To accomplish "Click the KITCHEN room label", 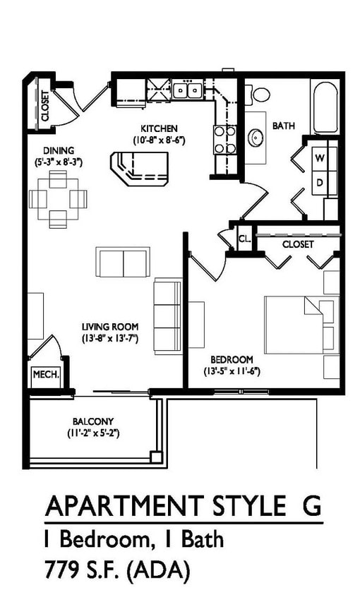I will click(158, 128).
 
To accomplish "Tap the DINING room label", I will click(59, 150).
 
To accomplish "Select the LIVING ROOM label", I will click(109, 327).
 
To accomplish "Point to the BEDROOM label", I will click(232, 359).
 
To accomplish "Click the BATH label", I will click(283, 126).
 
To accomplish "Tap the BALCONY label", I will click(93, 421).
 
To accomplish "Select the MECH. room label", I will click(44, 375).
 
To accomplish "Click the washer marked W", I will click(320, 157).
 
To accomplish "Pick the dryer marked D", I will click(320, 182).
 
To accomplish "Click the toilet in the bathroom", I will click(260, 93).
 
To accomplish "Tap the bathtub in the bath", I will click(325, 107).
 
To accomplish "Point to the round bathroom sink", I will click(255, 136).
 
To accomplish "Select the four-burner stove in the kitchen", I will click(224, 139).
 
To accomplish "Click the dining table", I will click(58, 199).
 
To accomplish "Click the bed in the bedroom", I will click(299, 325).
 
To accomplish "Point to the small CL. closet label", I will click(245, 239).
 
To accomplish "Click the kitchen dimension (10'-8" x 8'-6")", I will click(158, 140).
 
